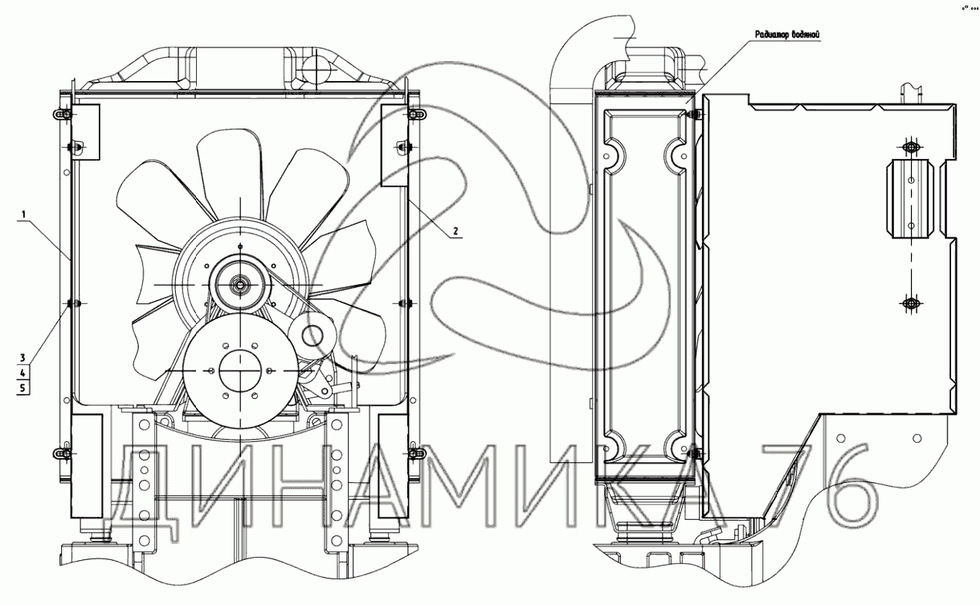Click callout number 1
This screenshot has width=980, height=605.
pyautogui.click(x=23, y=214)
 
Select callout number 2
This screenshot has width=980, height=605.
pyautogui.click(x=455, y=231)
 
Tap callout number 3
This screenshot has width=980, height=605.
pyautogui.click(x=23, y=358)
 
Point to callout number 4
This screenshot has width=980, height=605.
pyautogui.click(x=23, y=373)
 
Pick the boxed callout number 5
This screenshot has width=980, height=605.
pyautogui.click(x=23, y=388)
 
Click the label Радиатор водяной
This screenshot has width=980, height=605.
pyautogui.click(x=787, y=35)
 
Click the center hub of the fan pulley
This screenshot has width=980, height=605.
pyautogui.click(x=240, y=285)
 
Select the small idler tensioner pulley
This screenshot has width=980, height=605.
pyautogui.click(x=312, y=335)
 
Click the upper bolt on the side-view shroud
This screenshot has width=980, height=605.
pyautogui.click(x=911, y=148)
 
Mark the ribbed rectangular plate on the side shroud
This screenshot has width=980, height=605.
pyautogui.click(x=910, y=199)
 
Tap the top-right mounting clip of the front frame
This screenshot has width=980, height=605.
pyautogui.click(x=414, y=115)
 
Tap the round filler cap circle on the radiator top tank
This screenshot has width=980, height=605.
pyautogui.click(x=314, y=67)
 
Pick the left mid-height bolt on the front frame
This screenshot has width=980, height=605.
pyautogui.click(x=72, y=303)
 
